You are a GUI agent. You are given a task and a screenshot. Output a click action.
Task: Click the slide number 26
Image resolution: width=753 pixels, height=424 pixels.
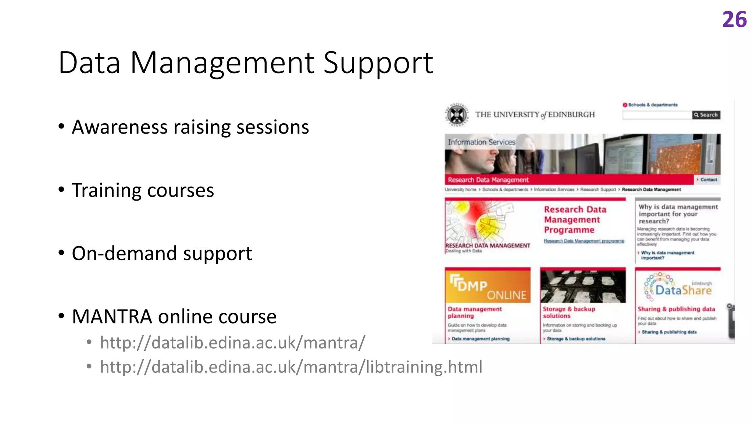click(734, 20)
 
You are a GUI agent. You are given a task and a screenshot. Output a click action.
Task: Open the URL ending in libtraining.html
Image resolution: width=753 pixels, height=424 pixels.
click(291, 367)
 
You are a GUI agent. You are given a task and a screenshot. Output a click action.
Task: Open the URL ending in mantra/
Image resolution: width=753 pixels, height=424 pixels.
click(232, 343)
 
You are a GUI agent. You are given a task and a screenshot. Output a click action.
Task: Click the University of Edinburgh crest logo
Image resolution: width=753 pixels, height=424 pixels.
click(457, 115)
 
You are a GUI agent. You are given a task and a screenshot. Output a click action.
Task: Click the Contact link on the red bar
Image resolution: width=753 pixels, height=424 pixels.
click(708, 180)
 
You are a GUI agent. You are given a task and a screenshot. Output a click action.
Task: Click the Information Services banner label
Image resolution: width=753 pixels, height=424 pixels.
click(481, 142)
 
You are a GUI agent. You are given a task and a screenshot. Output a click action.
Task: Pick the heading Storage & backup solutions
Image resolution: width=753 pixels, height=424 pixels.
click(568, 312)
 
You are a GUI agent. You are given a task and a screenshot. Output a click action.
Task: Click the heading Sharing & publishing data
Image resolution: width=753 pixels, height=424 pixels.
click(676, 309)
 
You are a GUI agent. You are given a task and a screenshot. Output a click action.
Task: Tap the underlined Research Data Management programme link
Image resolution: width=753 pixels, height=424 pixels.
click(584, 241)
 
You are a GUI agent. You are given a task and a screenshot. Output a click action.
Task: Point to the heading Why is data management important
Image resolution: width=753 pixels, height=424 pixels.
click(678, 214)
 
